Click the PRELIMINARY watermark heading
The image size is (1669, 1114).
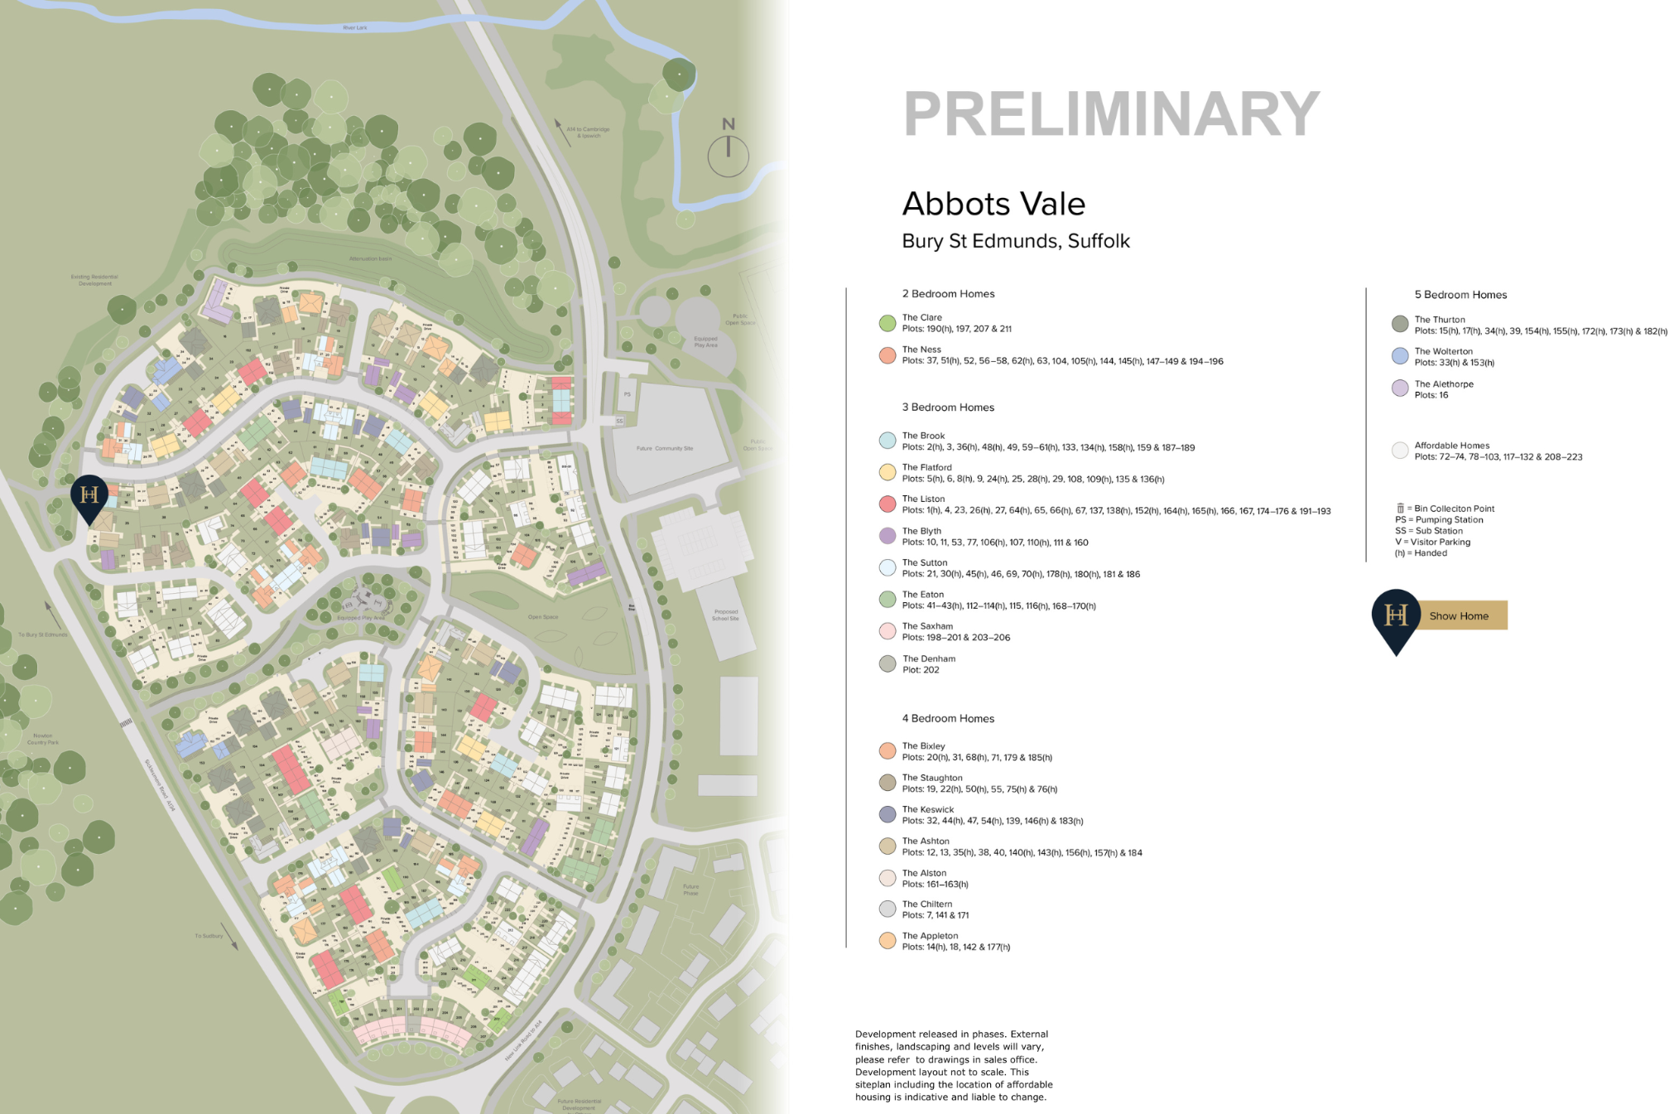1111,114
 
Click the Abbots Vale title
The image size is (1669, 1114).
993,204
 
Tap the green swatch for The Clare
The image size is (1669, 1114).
887,323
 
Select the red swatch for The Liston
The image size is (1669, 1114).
887,504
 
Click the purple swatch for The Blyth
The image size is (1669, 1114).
887,536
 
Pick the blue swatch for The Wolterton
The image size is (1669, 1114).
1399,356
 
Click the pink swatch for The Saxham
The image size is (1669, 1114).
887,631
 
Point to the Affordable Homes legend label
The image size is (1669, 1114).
1451,446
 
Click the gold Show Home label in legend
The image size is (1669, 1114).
1460,615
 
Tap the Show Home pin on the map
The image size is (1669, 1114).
89,496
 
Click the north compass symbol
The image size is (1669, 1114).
728,149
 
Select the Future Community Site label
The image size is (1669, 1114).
665,448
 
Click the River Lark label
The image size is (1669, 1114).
354,28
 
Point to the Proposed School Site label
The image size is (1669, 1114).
725,615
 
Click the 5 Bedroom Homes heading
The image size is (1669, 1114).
1460,295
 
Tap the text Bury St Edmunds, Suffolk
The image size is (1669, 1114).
1015,241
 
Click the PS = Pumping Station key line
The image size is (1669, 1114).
1439,520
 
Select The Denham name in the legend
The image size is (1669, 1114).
928,658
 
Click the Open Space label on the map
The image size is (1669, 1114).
542,617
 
